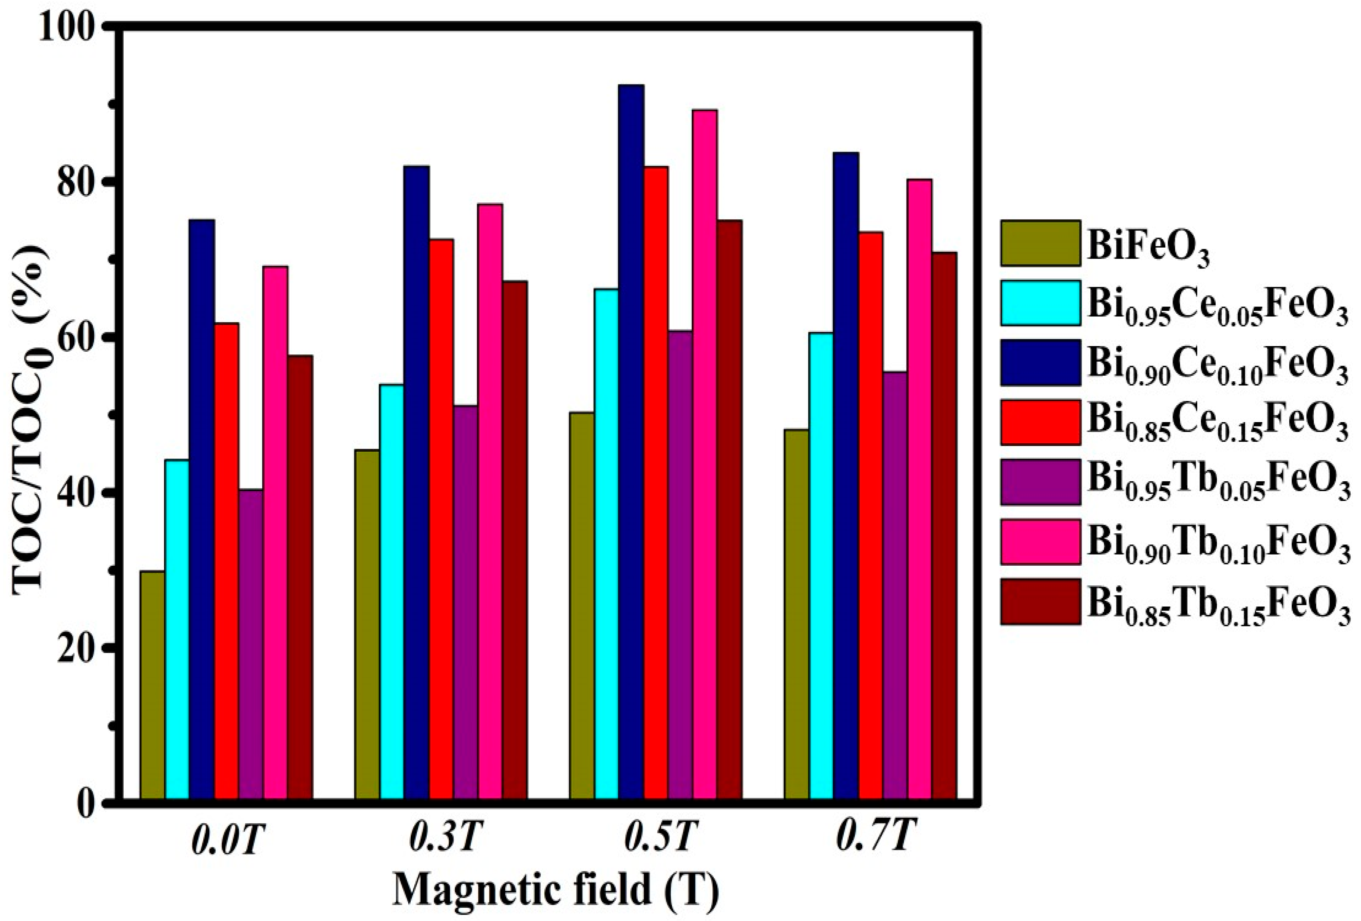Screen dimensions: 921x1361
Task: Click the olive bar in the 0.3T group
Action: coord(367,624)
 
